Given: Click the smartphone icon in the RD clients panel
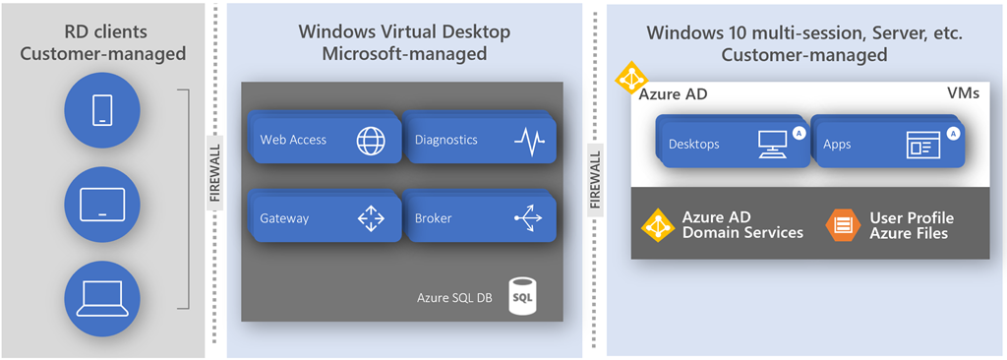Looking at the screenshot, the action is [102, 110].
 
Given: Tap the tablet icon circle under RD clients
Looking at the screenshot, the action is [102, 205].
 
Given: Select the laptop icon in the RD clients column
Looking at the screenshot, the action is [102, 299].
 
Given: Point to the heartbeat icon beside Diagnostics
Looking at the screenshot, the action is [529, 140].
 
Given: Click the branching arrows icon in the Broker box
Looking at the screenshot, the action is [528, 218].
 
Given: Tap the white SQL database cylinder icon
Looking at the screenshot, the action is [521, 296].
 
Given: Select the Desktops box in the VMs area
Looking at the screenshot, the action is [731, 144].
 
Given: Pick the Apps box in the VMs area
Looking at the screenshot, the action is [887, 144].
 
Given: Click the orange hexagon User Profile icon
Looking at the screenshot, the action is [842, 225].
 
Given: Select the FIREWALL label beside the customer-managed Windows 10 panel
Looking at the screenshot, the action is [595, 180].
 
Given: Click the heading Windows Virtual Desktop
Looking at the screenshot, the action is [404, 31].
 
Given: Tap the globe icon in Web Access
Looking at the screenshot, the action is [372, 140].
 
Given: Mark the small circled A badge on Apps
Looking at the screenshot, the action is [953, 133].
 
